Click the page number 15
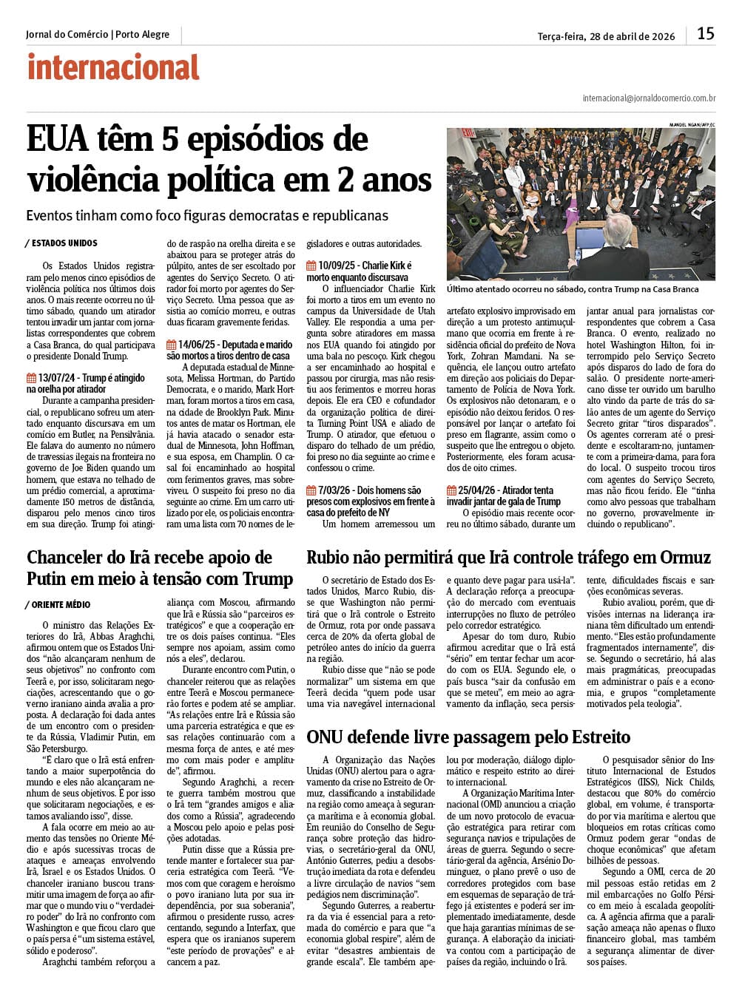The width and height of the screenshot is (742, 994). [x=706, y=33]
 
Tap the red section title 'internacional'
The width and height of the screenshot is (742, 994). [x=113, y=67]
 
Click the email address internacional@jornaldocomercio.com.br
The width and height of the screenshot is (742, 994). [x=649, y=98]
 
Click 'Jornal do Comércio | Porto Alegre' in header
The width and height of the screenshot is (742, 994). [x=98, y=35]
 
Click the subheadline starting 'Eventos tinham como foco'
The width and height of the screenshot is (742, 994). [x=206, y=216]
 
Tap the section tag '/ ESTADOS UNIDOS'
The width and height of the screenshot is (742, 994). [x=61, y=243]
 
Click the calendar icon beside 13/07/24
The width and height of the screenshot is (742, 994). [x=31, y=378]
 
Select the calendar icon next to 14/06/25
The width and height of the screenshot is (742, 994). [x=172, y=345]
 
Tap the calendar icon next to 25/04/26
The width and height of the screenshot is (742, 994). [x=451, y=490]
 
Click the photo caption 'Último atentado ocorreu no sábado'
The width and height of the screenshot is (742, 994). [x=573, y=289]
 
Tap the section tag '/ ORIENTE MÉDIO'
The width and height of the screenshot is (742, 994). [x=58, y=605]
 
